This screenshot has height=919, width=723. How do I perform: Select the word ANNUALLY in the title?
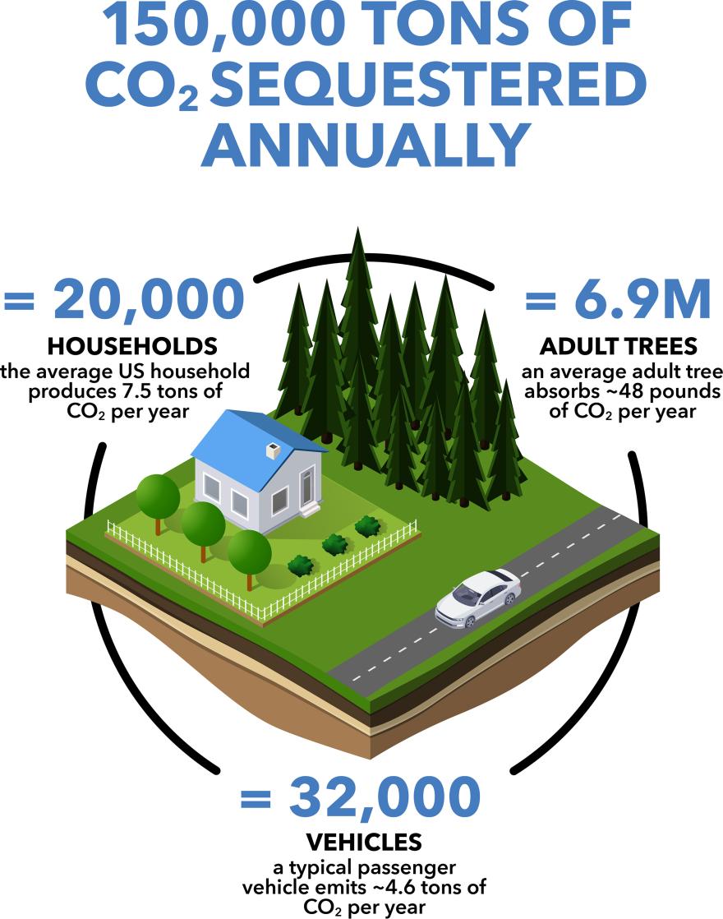(364, 148)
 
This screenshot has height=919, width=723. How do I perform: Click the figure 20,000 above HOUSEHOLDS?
(149, 300)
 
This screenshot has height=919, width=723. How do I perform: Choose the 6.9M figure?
(642, 300)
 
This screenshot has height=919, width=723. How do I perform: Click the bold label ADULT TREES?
(618, 344)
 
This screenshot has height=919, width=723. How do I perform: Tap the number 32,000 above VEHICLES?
(385, 797)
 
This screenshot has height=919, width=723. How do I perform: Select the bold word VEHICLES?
(363, 842)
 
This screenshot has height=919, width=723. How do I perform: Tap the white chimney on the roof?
(273, 450)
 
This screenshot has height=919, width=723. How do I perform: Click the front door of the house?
(306, 488)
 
